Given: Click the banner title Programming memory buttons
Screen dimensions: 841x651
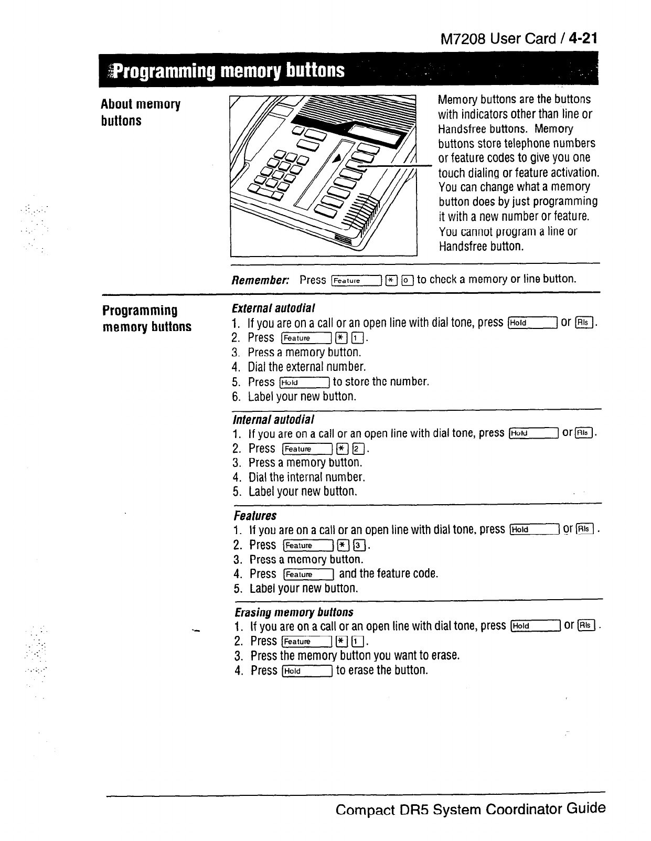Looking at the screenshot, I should pos(229,70).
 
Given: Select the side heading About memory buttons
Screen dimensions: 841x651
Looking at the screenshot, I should pos(140,112).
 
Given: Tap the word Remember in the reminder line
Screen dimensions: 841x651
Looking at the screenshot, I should pos(260,280).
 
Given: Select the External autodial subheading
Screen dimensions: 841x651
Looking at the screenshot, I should pos(273,308).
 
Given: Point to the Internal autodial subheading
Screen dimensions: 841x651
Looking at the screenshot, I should pos(273,419).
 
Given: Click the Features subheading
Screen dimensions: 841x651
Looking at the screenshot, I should pos(255,516).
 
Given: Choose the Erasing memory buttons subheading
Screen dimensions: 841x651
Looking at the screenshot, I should pos(294,612).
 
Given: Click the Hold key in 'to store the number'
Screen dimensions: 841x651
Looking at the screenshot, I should pos(304,382).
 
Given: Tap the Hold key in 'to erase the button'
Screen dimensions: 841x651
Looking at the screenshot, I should pos(307,671).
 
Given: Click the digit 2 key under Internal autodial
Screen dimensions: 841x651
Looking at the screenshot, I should pos(357,449).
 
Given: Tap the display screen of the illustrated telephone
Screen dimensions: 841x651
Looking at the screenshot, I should pos(376,133).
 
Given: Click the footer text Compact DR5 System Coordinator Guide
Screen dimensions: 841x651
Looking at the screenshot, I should pos(470,808).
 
